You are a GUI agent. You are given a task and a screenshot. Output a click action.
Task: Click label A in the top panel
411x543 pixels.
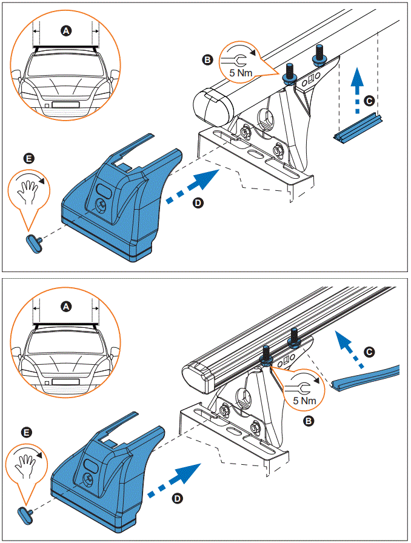[65, 30]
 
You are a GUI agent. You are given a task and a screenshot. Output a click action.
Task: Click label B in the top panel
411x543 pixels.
[207, 59]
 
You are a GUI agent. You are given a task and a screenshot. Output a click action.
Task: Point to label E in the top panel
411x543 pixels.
[27, 158]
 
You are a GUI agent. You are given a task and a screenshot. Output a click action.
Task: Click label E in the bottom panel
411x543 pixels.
[26, 432]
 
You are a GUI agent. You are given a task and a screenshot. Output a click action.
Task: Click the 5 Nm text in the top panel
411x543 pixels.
[236, 73]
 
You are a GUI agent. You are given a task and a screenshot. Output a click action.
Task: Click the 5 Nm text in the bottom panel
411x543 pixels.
[305, 401]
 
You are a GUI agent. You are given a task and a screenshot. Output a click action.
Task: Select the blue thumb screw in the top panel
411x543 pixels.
[32, 241]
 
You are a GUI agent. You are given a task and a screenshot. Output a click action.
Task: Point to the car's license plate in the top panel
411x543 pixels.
[65, 104]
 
